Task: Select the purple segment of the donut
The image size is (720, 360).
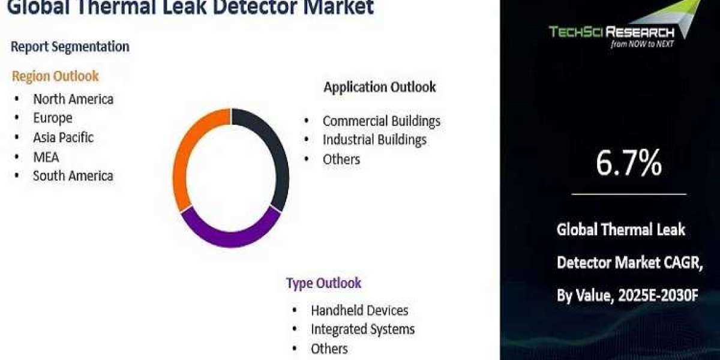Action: [230, 239]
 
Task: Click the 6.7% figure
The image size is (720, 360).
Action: [629, 163]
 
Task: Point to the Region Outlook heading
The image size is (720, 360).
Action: [55, 76]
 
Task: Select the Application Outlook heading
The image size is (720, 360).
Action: [380, 87]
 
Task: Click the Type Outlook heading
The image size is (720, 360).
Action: [323, 283]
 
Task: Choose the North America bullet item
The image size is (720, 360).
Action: [73, 99]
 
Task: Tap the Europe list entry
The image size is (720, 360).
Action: [53, 118]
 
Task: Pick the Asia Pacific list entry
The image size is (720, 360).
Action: [64, 137]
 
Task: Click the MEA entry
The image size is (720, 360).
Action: [46, 157]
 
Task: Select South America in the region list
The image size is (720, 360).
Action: [73, 176]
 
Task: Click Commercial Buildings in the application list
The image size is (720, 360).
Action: [382, 121]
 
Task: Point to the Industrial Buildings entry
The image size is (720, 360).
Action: [374, 140]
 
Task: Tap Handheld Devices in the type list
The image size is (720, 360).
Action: [359, 311]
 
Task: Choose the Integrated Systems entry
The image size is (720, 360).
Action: [363, 329]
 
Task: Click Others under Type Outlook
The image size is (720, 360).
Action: [329, 349]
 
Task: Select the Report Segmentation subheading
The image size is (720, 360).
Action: [70, 47]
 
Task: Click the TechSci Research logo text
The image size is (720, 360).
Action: [611, 32]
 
